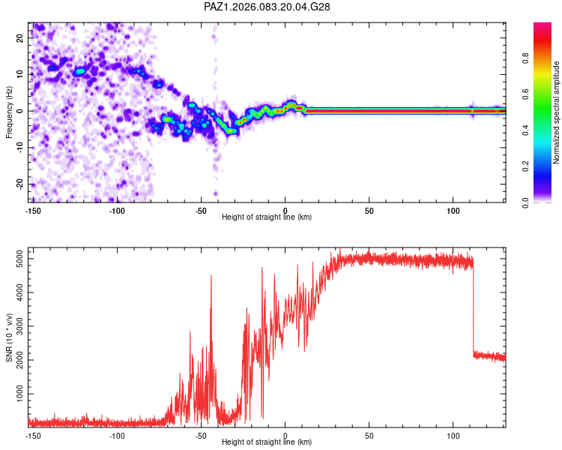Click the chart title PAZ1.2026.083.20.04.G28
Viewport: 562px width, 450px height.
pos(268,7)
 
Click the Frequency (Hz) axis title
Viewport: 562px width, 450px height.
pos(10,112)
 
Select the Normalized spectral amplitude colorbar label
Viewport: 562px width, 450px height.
pos(557,112)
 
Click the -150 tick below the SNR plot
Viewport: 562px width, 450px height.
pos(33,436)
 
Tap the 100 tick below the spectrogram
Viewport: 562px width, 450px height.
pos(453,211)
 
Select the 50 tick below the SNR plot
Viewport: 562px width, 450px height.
pos(369,436)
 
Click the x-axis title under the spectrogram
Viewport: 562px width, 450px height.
pos(268,217)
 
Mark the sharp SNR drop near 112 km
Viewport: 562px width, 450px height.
pos(474,307)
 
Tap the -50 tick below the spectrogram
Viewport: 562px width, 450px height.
pos(200,211)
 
